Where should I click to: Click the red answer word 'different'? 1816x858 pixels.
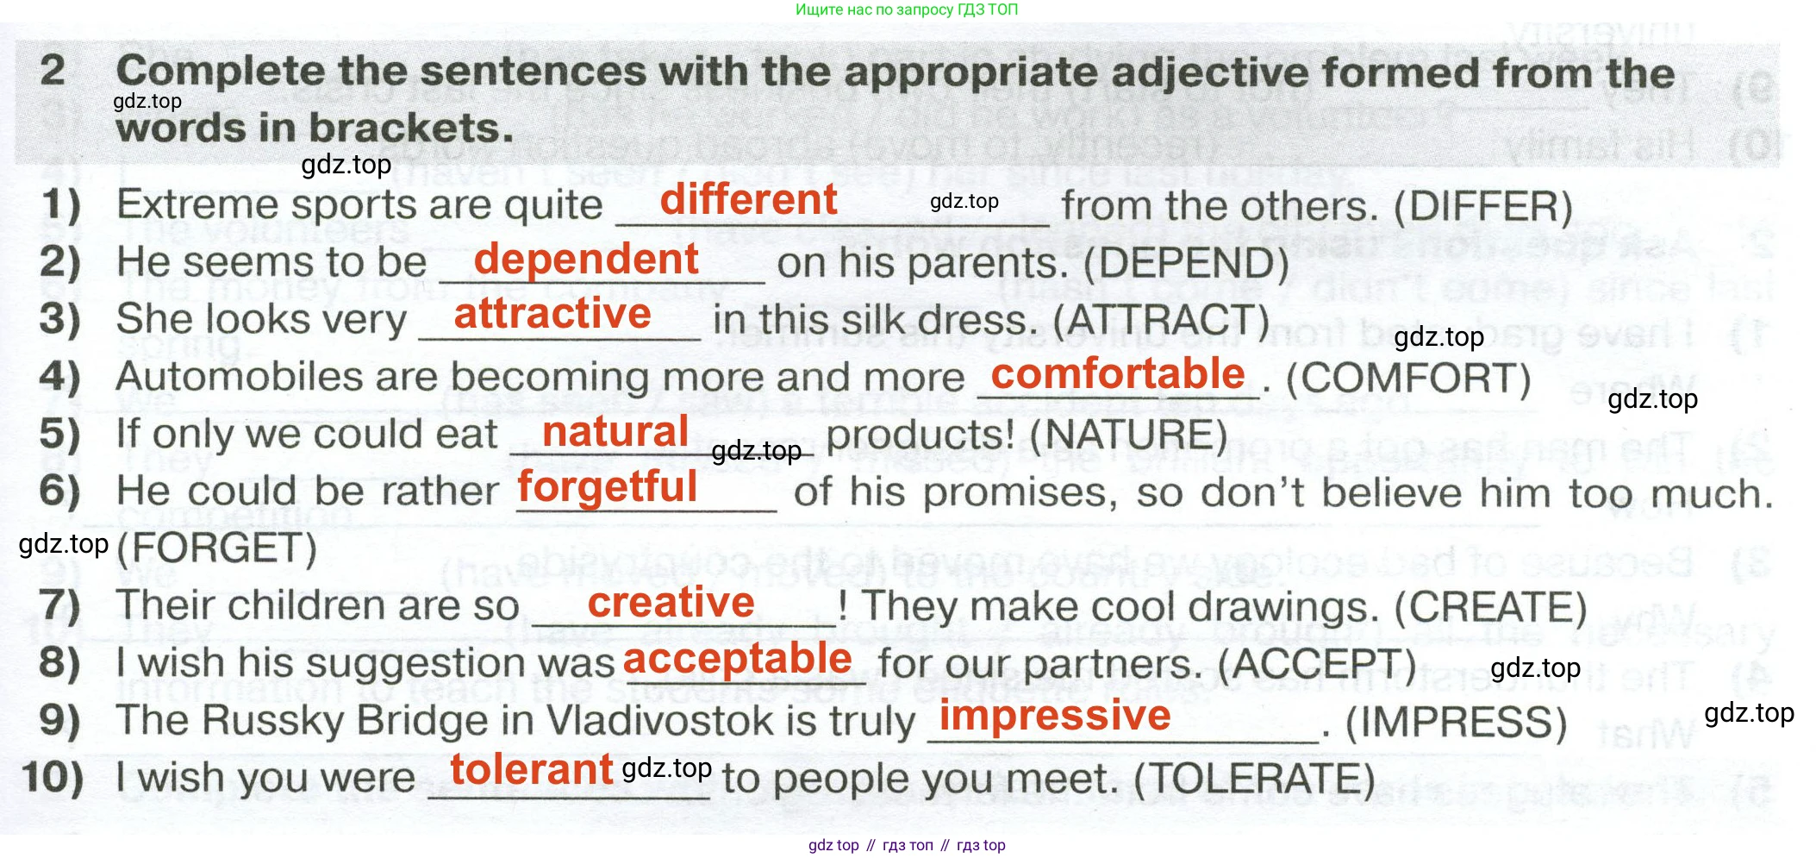[x=748, y=200]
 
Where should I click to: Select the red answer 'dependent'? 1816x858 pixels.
[x=586, y=260]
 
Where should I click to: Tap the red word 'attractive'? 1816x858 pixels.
[x=552, y=314]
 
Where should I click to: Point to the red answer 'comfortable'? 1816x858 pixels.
[x=1118, y=374]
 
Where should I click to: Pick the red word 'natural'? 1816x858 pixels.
[x=615, y=431]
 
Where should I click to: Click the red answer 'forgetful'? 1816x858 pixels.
[x=608, y=487]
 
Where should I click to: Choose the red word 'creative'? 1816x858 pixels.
[x=671, y=602]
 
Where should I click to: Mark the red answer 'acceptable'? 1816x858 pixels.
[x=738, y=660]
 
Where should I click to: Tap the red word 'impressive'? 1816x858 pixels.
[x=1055, y=716]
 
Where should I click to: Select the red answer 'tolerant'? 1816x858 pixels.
[x=532, y=769]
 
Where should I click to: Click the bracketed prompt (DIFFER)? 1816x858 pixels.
[x=1483, y=207]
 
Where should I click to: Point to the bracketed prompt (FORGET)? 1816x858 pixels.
[x=216, y=549]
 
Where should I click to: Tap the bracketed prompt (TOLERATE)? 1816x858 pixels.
[x=1254, y=780]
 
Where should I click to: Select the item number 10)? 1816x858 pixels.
[x=53, y=777]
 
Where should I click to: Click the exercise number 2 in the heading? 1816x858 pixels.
[x=53, y=70]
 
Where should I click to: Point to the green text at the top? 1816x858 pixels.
[x=907, y=9]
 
